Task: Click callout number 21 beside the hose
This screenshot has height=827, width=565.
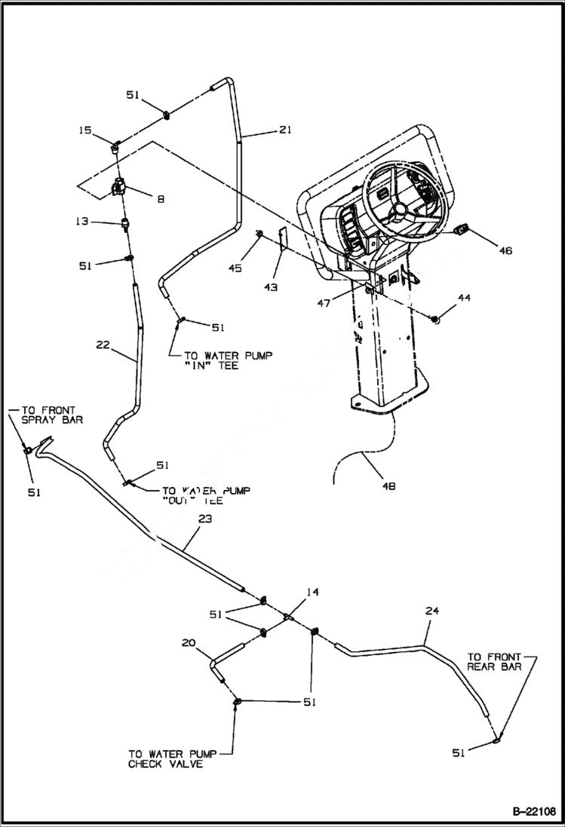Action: (284, 130)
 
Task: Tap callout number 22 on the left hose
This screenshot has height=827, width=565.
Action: (103, 345)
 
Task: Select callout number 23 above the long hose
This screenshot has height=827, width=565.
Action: (205, 519)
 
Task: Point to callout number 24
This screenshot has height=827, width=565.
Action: (431, 611)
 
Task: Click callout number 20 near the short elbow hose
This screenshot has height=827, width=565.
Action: (189, 642)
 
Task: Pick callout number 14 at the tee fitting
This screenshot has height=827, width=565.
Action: (312, 593)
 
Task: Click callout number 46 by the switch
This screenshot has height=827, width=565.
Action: (505, 250)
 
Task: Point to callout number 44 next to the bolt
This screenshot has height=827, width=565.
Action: (464, 299)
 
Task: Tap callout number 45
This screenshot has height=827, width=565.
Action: (235, 268)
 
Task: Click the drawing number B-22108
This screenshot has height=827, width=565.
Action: (533, 811)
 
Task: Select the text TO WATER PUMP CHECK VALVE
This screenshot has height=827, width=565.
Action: (165, 758)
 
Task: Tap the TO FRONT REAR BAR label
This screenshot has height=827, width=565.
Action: (495, 661)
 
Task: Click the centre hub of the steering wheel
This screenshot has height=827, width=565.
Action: (399, 210)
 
